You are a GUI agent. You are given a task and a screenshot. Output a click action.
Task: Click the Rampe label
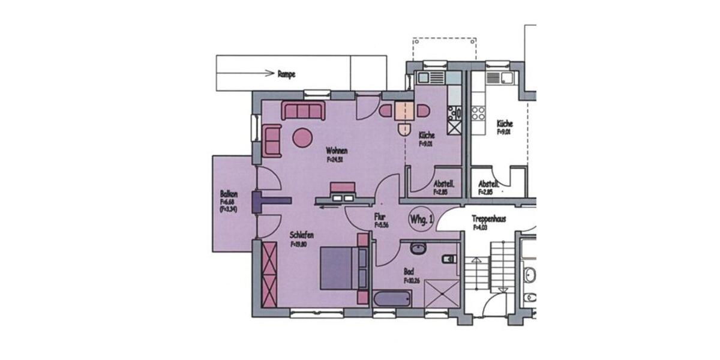coord(286,74)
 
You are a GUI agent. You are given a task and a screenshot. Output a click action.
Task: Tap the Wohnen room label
coord(337,151)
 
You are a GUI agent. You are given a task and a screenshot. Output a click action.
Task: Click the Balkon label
coord(229,194)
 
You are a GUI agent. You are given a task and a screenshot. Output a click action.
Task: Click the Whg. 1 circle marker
coord(421,220)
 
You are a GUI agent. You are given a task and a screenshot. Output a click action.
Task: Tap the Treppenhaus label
coord(489,219)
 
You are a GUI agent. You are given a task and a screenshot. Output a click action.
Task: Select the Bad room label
coord(409,272)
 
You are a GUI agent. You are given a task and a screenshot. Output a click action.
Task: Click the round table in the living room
coord(302,137)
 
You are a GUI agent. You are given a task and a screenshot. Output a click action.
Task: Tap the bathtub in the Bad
coord(392,299)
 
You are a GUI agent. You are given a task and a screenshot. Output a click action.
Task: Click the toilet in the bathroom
coord(449,259)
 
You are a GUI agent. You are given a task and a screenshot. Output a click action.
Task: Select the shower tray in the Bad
coord(441,294)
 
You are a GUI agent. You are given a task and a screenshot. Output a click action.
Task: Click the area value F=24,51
coord(337,160)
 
